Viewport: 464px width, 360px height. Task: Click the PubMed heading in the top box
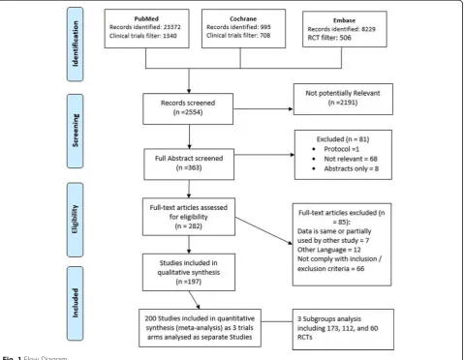pos(146,18)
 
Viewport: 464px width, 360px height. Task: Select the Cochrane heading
pos(243,18)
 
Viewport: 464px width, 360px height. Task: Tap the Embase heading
pos(344,20)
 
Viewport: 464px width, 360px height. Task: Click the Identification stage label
pos(75,44)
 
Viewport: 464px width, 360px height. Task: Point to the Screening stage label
pos(75,131)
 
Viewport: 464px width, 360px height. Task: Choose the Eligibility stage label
pos(75,220)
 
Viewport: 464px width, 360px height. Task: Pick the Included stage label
pos(75,303)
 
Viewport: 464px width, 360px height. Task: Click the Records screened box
pos(188,108)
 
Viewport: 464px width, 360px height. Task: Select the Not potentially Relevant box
pos(343,99)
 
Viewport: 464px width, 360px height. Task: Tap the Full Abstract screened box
pos(189,165)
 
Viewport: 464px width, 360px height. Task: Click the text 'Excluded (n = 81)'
pos(343,139)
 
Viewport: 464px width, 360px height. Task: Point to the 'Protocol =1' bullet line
pos(341,149)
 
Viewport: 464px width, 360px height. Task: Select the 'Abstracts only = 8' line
pos(352,168)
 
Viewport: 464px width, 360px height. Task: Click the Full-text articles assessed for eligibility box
pos(189,217)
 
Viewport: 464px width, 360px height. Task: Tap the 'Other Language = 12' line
pos(329,250)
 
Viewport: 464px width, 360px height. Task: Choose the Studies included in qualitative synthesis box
pos(189,272)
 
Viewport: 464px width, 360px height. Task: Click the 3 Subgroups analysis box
pos(343,329)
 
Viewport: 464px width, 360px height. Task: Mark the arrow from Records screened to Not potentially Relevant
pos(263,109)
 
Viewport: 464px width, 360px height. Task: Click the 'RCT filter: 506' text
pos(329,38)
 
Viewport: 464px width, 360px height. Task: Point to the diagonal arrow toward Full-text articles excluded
pos(263,230)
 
